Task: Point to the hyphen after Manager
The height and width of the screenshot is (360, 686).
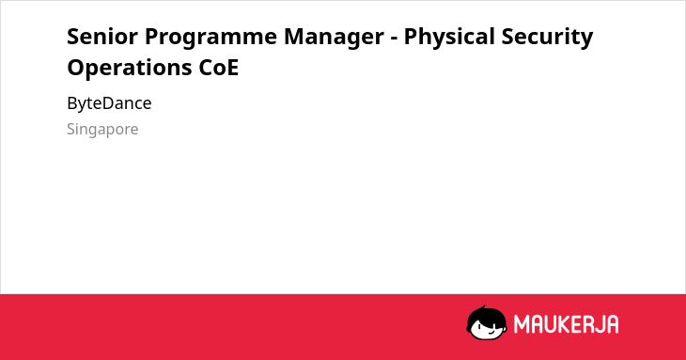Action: pos(394,38)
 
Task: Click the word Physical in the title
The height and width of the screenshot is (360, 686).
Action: pos(449,38)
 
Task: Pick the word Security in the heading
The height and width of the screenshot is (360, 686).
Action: pos(547,38)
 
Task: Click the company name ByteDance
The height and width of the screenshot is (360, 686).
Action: pos(109,103)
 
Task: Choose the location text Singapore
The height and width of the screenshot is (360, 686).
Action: pos(102,130)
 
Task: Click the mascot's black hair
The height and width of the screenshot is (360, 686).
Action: pos(486,316)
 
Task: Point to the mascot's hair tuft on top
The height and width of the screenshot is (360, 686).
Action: pos(483,307)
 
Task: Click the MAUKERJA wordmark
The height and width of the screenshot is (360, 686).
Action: pos(566,324)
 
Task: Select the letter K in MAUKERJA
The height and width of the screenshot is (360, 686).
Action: pos(561,324)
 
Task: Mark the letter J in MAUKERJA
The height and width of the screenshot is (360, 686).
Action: pos(597,324)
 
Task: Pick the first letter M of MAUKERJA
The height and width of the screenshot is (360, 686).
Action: pos(521,324)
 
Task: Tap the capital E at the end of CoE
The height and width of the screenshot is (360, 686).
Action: pos(233,68)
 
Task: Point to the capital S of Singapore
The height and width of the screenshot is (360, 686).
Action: pos(71,129)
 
